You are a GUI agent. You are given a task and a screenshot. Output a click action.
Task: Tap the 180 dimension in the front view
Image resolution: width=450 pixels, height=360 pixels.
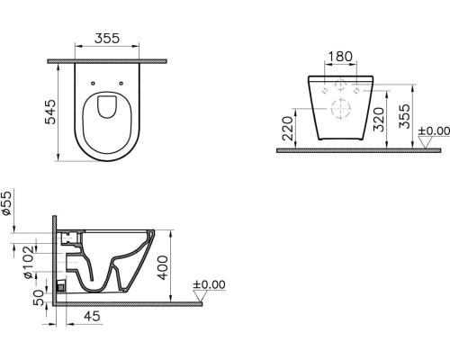(x=339, y=57)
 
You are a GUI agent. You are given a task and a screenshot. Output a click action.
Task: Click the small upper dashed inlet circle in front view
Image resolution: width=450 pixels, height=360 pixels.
(x=339, y=87)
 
